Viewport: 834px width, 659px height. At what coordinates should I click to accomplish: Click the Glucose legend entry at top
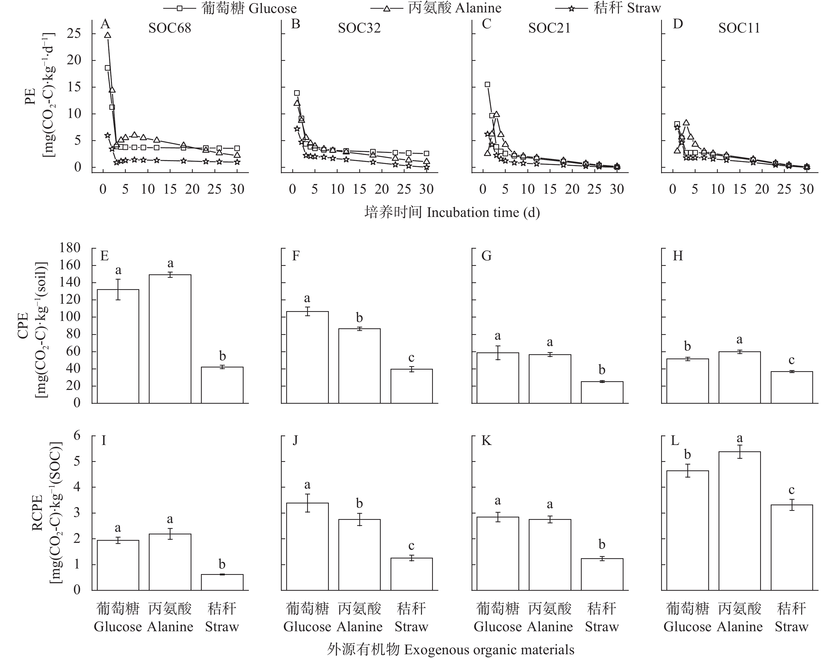[x=230, y=8]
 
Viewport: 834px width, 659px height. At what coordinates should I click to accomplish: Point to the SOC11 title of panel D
[x=739, y=28]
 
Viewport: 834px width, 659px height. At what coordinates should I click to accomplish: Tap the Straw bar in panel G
[x=602, y=392]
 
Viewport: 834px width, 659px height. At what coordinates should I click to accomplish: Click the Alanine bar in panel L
[x=739, y=521]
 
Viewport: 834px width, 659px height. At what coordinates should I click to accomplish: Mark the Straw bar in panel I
[x=222, y=582]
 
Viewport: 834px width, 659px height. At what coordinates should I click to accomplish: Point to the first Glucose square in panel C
[x=487, y=84]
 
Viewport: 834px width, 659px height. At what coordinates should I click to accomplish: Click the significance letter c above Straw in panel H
[x=792, y=360]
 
